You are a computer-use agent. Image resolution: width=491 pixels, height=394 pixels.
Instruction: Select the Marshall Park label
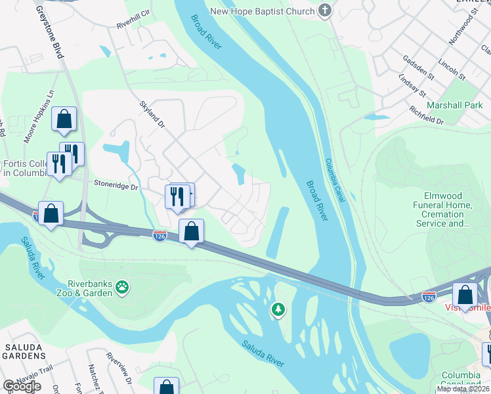pos(454,105)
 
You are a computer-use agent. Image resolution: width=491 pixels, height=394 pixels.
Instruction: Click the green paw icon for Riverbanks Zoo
pos(121,286)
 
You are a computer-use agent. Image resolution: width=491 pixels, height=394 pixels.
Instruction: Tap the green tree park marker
pos(278,309)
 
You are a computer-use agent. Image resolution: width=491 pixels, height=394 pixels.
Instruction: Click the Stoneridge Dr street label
pos(116,186)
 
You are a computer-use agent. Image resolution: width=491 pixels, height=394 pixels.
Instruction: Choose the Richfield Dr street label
pos(427,116)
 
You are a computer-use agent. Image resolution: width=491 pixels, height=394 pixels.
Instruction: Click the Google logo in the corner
pos(22,385)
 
